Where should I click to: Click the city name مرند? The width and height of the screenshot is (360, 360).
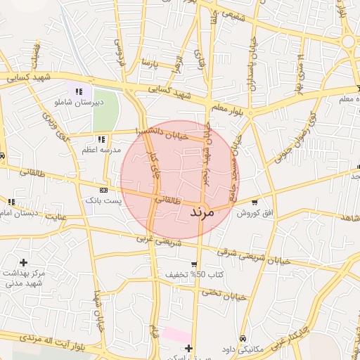pyautogui.click(x=206, y=211)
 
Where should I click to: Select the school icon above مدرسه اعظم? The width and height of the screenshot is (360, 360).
pyautogui.click(x=101, y=139)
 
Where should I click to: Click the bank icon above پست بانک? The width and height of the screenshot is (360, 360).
pyautogui.click(x=104, y=190)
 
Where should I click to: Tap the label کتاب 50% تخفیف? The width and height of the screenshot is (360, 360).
pyautogui.click(x=194, y=274)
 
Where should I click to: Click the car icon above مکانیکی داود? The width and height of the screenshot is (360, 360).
pyautogui.click(x=243, y=338)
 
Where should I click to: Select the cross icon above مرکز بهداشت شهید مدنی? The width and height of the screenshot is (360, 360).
pyautogui.click(x=23, y=262)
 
